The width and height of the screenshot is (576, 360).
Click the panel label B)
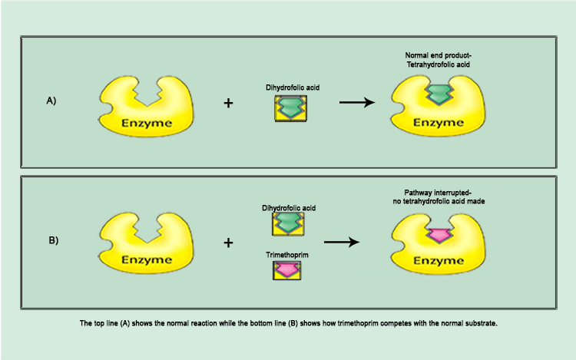(x=53, y=240)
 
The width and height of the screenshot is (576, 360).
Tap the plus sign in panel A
(x=228, y=102)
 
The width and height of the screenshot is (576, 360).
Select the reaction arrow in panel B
(x=343, y=242)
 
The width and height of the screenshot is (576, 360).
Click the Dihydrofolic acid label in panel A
(x=288, y=88)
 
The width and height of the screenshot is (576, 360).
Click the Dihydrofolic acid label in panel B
(x=288, y=208)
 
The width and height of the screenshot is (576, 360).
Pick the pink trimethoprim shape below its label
(x=287, y=269)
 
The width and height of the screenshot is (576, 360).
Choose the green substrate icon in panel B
(x=287, y=223)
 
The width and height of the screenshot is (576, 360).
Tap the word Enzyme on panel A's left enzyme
(x=145, y=122)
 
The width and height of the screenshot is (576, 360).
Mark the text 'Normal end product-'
(x=437, y=56)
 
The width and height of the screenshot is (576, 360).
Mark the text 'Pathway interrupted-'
(x=436, y=192)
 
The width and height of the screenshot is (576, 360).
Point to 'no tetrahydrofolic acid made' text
(x=436, y=201)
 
